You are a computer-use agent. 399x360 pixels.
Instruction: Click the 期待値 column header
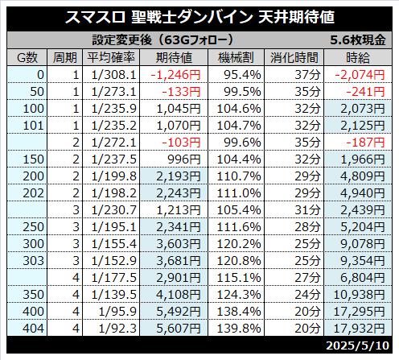click(174, 57)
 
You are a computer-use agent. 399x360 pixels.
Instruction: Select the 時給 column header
click(358, 57)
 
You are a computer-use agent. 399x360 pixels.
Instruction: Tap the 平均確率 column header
click(111, 57)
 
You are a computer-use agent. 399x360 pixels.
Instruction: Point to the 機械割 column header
click(236, 57)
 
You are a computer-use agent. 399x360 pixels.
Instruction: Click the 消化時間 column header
click(294, 57)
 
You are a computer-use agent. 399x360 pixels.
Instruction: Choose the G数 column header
click(27, 57)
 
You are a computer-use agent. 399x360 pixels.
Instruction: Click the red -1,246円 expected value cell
click(175, 75)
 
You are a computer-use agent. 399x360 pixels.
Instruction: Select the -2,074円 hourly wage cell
click(360, 75)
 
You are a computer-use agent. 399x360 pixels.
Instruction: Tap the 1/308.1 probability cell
click(114, 75)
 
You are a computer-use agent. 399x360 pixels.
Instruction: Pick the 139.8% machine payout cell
click(239, 329)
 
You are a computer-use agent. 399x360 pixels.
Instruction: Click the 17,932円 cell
click(360, 329)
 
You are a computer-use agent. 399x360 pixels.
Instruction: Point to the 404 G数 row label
click(33, 329)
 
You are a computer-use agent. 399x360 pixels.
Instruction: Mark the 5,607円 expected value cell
click(179, 329)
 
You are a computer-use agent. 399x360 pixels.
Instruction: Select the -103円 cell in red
click(181, 143)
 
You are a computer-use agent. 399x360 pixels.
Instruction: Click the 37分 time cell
click(307, 75)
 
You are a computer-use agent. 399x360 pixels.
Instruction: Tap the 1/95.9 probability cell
click(117, 312)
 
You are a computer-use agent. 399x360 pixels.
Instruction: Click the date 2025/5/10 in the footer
click(357, 346)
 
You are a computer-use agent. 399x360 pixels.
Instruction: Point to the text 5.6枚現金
click(358, 40)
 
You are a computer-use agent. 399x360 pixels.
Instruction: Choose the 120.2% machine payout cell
click(239, 244)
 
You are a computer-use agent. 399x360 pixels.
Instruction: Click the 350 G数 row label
click(33, 295)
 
